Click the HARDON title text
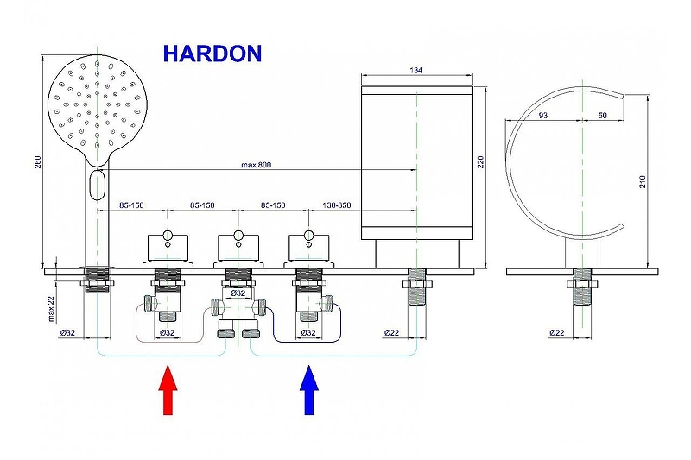(x=212, y=54)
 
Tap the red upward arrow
(x=168, y=390)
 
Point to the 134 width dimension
(x=416, y=72)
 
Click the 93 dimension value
(x=542, y=115)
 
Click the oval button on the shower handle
(x=98, y=184)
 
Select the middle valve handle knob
(x=238, y=235)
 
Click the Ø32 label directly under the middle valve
(x=237, y=293)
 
